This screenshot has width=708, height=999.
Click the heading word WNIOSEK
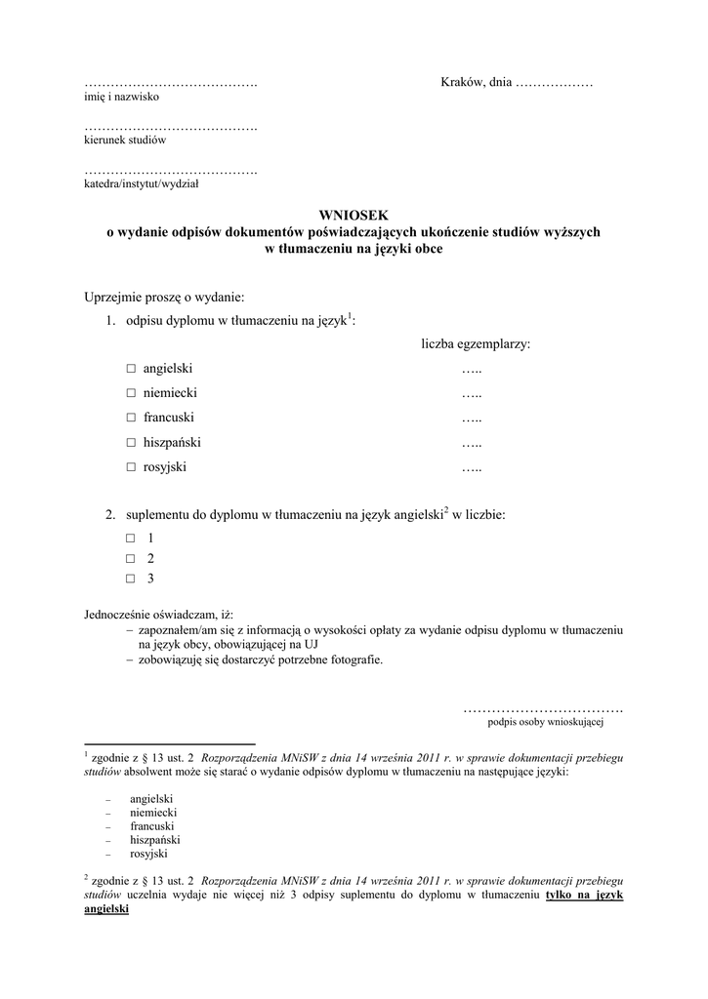coord(354,216)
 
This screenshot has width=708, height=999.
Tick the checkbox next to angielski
coord(131,369)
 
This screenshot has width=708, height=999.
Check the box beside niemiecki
coord(131,393)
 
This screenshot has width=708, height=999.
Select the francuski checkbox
coord(131,419)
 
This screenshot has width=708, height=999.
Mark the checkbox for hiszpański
coord(131,443)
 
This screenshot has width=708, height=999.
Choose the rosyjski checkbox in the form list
coord(131,467)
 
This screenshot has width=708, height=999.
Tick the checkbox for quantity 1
coord(131,539)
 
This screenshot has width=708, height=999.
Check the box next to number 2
coord(131,559)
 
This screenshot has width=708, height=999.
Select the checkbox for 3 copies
coord(131,579)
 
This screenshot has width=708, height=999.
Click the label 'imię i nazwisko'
coord(121,98)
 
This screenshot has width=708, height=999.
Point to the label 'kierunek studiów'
coord(125,140)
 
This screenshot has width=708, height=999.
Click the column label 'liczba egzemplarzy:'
coord(476,344)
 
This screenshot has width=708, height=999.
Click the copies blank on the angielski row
coord(473,369)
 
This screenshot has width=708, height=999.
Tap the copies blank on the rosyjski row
coord(473,467)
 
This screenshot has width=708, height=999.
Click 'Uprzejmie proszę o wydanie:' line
coord(164,296)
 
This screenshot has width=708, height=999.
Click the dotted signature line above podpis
coord(543,709)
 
